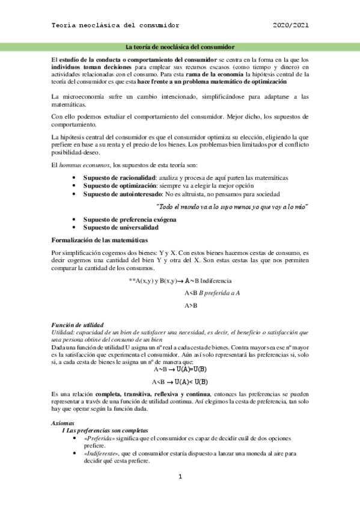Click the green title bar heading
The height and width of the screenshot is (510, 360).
[x=179, y=46]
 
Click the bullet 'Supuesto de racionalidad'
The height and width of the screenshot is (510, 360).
[x=119, y=177]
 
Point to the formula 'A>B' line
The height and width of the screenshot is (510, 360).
[x=191, y=306]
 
